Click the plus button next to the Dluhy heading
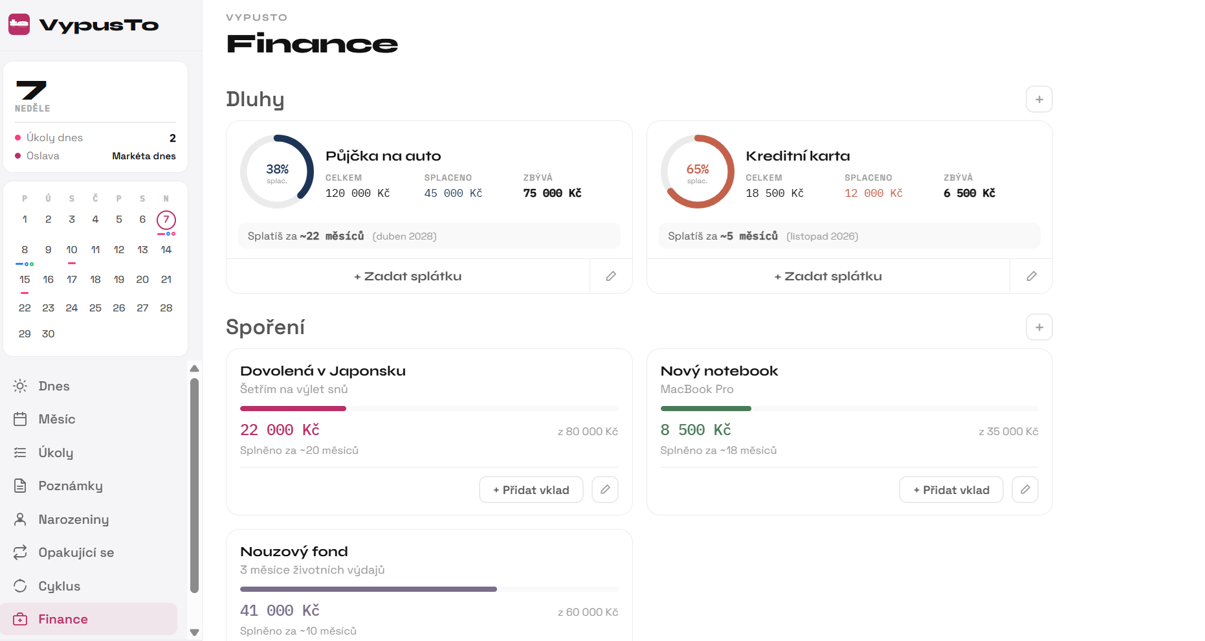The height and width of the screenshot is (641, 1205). click(1039, 100)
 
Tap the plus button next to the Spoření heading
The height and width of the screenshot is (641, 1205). click(1039, 328)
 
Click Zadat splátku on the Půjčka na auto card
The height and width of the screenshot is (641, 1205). click(408, 276)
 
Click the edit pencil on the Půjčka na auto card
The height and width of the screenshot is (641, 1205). click(611, 276)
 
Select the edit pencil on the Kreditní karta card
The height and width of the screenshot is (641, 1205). click(1032, 276)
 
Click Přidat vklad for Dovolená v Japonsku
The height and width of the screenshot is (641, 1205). click(531, 490)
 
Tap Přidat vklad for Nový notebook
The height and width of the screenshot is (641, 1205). click(951, 490)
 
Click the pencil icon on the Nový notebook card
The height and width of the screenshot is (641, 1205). click(1025, 490)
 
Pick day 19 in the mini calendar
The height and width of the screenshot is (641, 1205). click(119, 280)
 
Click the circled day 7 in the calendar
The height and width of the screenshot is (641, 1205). click(166, 219)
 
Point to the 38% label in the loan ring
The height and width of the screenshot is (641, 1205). click(277, 169)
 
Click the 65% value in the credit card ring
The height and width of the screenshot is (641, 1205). click(698, 169)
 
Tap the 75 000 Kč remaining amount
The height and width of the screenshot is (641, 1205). click(552, 193)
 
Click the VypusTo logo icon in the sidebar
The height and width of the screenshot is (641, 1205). click(19, 25)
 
